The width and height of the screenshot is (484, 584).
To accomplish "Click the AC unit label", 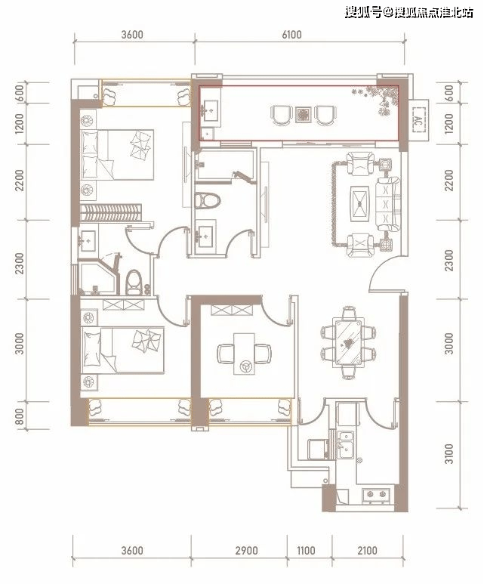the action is [418, 120].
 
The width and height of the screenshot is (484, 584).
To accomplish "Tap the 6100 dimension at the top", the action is [291, 35].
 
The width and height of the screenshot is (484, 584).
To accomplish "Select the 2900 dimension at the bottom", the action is [246, 551].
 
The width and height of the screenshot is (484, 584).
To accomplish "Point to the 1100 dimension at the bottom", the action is [306, 551].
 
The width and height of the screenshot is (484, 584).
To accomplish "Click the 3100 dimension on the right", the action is [450, 453].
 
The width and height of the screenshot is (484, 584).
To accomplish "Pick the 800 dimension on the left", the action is [20, 416].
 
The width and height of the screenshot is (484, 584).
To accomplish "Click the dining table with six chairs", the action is [349, 343].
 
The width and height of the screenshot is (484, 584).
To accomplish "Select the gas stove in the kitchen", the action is [376, 494].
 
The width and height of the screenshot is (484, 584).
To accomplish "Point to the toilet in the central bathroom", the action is [208, 200].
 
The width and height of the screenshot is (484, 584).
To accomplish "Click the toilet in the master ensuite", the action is [134, 283].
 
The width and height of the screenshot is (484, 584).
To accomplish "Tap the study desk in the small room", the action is [244, 354].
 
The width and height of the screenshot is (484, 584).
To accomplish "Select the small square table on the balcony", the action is [302, 115].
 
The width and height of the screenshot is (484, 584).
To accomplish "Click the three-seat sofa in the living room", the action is [388, 204].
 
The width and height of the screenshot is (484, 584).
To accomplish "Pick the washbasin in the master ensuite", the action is [88, 241].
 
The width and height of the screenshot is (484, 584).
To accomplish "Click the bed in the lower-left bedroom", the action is [122, 350].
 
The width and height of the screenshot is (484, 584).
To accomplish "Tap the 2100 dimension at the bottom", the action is [367, 551].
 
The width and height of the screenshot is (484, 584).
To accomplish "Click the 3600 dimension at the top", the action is [132, 35].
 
